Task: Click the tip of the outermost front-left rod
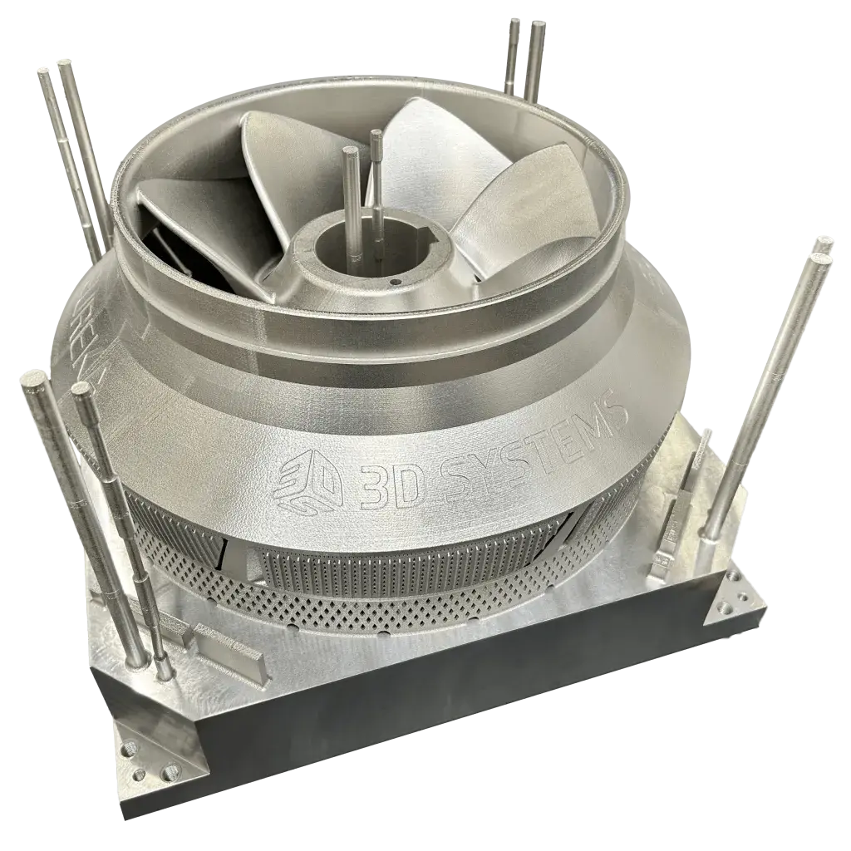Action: click(x=34, y=383)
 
